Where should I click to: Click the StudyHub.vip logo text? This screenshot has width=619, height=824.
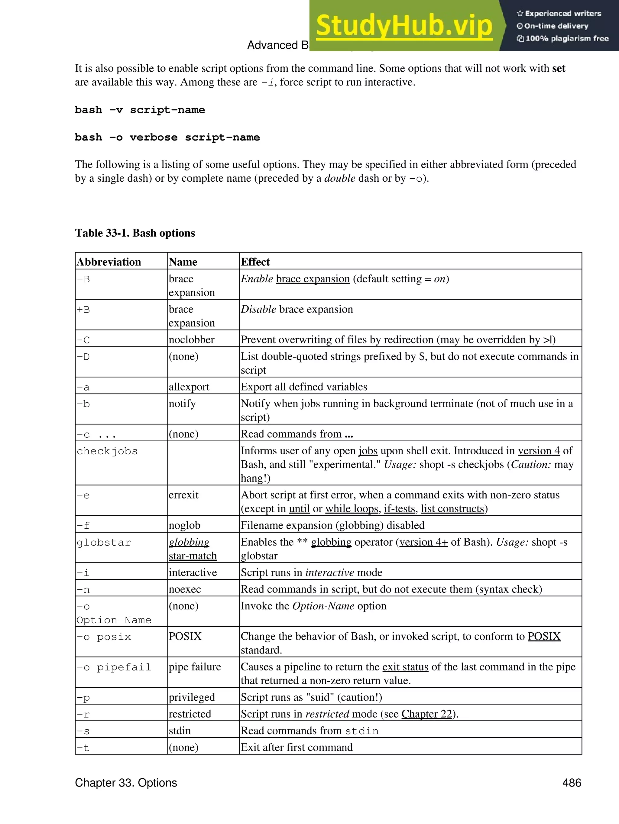click(x=404, y=26)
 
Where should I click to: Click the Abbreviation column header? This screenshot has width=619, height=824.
click(x=109, y=262)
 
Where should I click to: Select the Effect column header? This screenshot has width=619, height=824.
click(x=255, y=262)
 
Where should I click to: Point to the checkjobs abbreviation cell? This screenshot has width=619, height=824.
click(x=107, y=451)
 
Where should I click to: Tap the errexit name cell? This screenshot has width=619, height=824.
click(x=183, y=495)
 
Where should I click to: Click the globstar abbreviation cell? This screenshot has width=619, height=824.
click(x=104, y=542)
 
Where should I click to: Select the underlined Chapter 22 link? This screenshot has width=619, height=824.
click(x=426, y=714)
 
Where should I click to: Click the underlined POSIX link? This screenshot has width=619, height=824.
click(x=544, y=636)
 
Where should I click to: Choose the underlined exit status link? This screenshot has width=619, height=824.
click(x=405, y=667)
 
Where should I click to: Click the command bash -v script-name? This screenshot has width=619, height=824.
click(x=140, y=110)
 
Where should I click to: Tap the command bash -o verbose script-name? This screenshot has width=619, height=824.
click(x=167, y=138)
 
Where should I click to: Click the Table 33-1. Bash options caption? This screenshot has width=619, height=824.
click(x=135, y=233)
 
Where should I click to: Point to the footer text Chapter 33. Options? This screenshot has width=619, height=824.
click(x=126, y=782)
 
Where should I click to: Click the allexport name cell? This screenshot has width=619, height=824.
click(x=189, y=387)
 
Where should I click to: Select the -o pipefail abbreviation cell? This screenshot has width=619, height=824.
click(x=114, y=667)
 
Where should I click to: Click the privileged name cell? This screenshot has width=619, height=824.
click(x=192, y=697)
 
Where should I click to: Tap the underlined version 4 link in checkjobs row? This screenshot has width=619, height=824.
click(x=539, y=451)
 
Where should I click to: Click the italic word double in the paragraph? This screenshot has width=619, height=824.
click(x=340, y=178)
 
